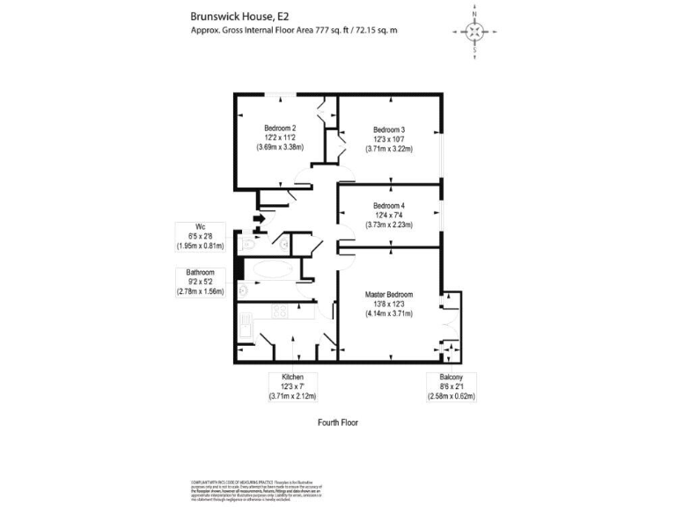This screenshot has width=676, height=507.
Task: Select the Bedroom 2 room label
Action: click(x=281, y=129)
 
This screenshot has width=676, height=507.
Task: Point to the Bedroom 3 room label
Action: click(x=388, y=130)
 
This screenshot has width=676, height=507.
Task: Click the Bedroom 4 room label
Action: click(x=388, y=205)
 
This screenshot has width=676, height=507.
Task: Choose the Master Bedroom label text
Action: click(x=389, y=294)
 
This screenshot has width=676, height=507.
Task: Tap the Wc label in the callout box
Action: click(x=201, y=225)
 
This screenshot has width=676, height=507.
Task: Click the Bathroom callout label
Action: click(x=201, y=274)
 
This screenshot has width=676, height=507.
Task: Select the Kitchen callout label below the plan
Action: click(x=293, y=377)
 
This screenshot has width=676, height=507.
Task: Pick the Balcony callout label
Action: click(x=452, y=377)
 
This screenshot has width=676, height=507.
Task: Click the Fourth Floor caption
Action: click(x=338, y=422)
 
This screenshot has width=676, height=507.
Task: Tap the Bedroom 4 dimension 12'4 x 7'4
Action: click(x=388, y=215)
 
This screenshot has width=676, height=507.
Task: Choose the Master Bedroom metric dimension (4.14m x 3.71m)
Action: click(x=389, y=313)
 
